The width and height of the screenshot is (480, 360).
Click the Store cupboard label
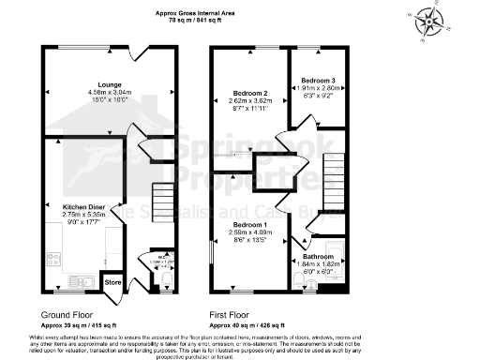(x=112, y=281)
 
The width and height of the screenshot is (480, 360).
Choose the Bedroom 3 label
(x=311, y=80)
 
